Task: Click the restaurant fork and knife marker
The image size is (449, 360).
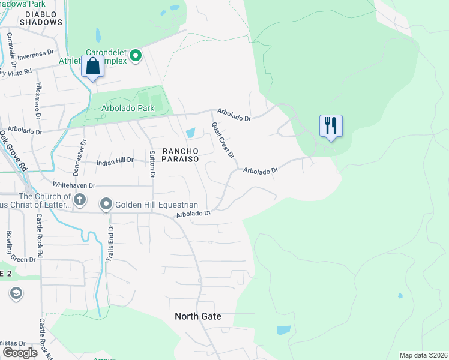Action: pyautogui.click(x=330, y=126)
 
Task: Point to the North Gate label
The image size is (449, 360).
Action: pyautogui.click(x=197, y=316)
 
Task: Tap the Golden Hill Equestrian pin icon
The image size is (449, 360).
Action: pyautogui.click(x=106, y=205)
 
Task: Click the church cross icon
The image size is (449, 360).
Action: pyautogui.click(x=80, y=199)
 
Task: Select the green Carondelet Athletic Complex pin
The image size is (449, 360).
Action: pyautogui.click(x=136, y=56)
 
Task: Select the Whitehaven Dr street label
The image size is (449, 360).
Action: pyautogui.click(x=74, y=185)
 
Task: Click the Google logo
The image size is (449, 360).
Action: pyautogui.click(x=20, y=352)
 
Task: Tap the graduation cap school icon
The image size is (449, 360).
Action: pyautogui.click(x=15, y=294)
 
